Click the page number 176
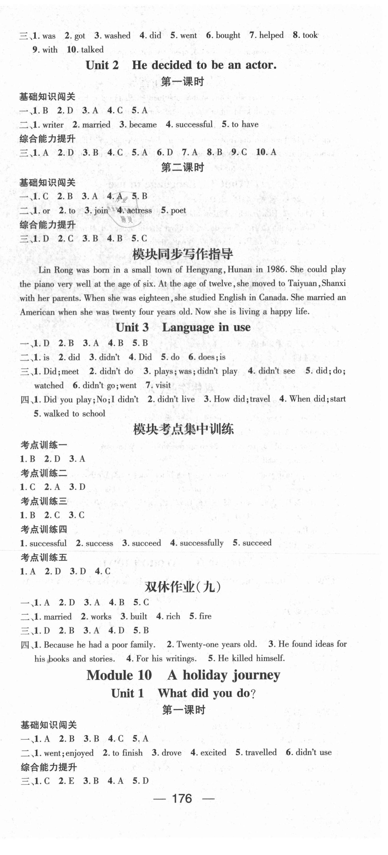182,798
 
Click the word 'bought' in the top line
228,36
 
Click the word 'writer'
53,125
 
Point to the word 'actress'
139,210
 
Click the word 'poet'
178,210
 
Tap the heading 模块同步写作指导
182,254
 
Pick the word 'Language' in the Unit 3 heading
188,328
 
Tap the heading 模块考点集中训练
183,430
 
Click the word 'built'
139,616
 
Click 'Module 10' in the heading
119,675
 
